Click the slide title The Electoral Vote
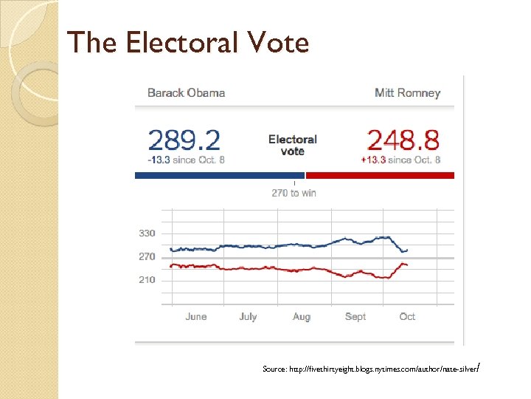pyautogui.click(x=187, y=43)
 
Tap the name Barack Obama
pyautogui.click(x=186, y=93)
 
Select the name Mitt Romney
pyautogui.click(x=407, y=93)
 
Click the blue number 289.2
pyautogui.click(x=184, y=140)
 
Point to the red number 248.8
pyautogui.click(x=403, y=140)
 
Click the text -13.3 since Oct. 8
pyautogui.click(x=187, y=160)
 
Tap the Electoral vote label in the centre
pyautogui.click(x=293, y=145)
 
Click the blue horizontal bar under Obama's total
pyautogui.click(x=219, y=176)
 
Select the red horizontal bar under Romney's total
pyautogui.click(x=380, y=176)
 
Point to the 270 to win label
pyautogui.click(x=294, y=193)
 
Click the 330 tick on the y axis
pyautogui.click(x=147, y=233)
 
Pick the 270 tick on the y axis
pyautogui.click(x=147, y=257)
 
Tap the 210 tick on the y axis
pyautogui.click(x=147, y=280)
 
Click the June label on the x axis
pyautogui.click(x=196, y=316)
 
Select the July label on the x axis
pyautogui.click(x=248, y=316)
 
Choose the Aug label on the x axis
pyautogui.click(x=302, y=316)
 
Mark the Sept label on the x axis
pyautogui.click(x=355, y=316)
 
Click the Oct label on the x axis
pyautogui.click(x=407, y=316)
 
